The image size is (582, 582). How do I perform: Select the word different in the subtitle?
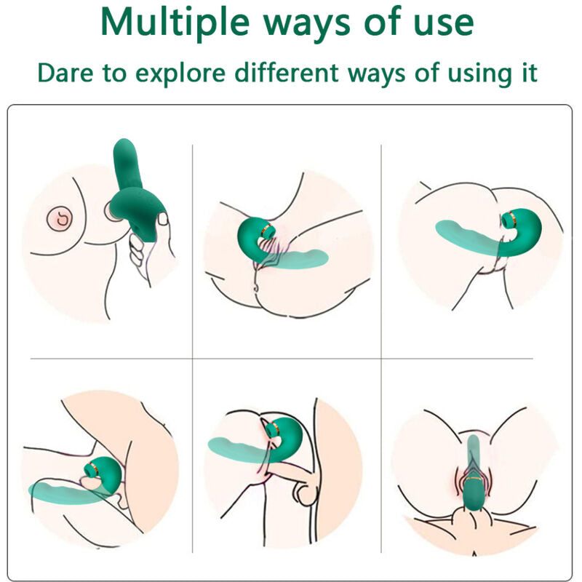298,73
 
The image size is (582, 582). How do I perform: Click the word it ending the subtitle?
529,73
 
